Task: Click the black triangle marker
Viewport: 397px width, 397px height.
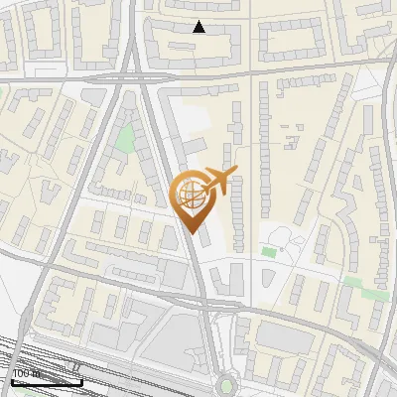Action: (198, 27)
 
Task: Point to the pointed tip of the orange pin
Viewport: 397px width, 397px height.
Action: (191, 231)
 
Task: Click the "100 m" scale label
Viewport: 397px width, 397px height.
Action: (25, 373)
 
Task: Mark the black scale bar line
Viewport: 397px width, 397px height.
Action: (46, 381)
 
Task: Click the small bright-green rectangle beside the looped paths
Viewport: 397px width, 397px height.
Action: (268, 252)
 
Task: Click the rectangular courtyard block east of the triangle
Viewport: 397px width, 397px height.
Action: (293, 40)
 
